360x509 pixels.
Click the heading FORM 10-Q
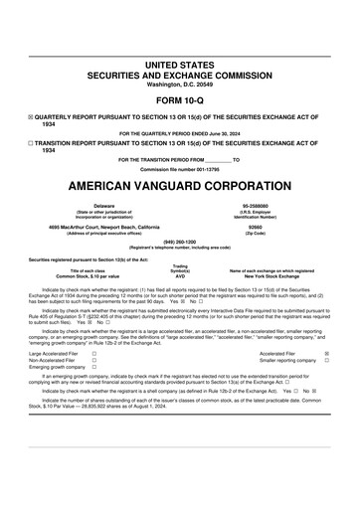pyautogui.click(x=179, y=99)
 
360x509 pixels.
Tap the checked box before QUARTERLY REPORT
pyautogui.click(x=32, y=116)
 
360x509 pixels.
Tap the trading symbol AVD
pyautogui.click(x=180, y=276)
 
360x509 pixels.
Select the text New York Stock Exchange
pyautogui.click(x=270, y=276)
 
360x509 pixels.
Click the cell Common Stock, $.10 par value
pyautogui.click(x=88, y=276)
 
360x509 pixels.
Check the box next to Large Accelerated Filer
pyautogui.click(x=93, y=353)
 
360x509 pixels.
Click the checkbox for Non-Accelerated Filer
pyautogui.click(x=93, y=360)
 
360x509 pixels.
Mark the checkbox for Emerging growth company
pyautogui.click(x=93, y=367)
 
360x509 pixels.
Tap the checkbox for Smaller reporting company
pyautogui.click(x=326, y=360)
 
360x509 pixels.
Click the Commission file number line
pyautogui.click(x=179, y=168)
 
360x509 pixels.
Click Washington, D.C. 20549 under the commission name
pyautogui.click(x=179, y=83)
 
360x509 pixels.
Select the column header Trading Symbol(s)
pyautogui.click(x=180, y=268)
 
